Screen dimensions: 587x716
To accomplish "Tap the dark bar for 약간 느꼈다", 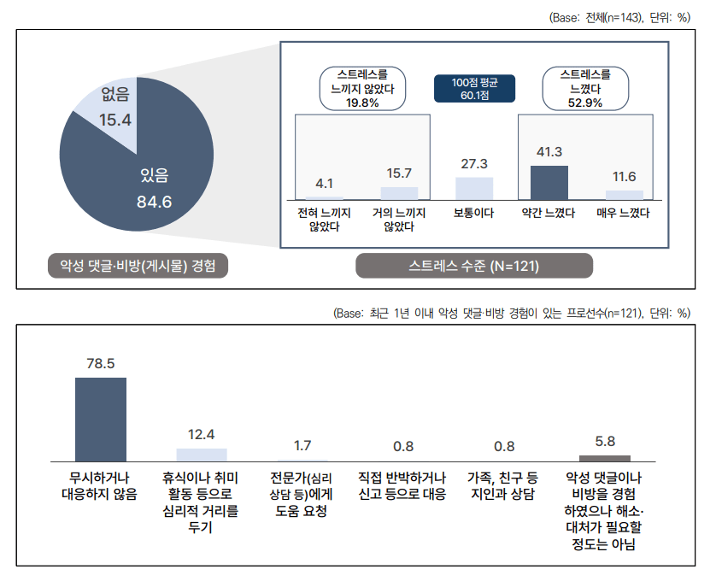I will tap(549, 182).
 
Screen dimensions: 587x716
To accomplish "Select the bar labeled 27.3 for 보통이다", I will tap(474, 189).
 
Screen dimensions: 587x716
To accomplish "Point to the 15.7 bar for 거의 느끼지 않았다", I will tap(399, 193).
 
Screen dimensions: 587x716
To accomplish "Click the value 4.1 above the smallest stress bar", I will tap(324, 183).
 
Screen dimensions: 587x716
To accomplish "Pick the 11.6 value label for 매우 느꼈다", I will tap(625, 177).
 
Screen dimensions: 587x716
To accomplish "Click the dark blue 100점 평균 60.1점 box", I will tap(474, 88).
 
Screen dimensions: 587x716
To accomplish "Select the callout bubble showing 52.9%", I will tap(585, 88).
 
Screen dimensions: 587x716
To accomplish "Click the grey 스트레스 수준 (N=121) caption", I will tap(474, 267).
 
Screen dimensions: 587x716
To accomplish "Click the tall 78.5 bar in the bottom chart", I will tap(100, 419).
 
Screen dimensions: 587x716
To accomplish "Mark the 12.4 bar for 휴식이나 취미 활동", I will tap(202, 455).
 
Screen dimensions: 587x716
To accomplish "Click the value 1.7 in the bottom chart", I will tap(302, 445).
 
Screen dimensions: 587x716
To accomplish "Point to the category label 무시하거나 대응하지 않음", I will tap(100, 484).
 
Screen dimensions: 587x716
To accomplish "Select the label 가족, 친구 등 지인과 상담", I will tap(504, 484).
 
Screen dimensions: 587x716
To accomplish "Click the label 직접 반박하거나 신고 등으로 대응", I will tap(402, 484).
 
